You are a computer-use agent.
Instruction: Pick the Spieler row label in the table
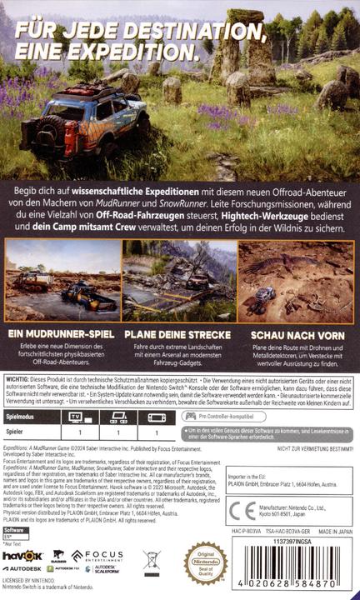[x=15, y=432]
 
